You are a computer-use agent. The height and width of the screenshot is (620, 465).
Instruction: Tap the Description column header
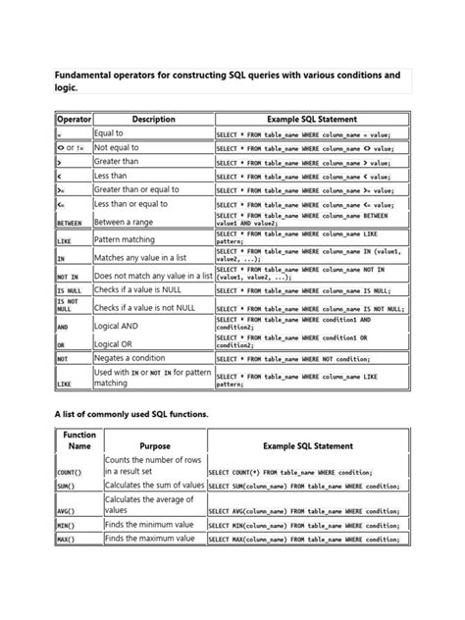point(152,119)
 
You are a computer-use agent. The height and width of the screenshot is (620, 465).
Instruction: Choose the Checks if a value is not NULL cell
point(152,308)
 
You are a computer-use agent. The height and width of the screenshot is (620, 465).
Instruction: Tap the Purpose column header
point(154,445)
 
